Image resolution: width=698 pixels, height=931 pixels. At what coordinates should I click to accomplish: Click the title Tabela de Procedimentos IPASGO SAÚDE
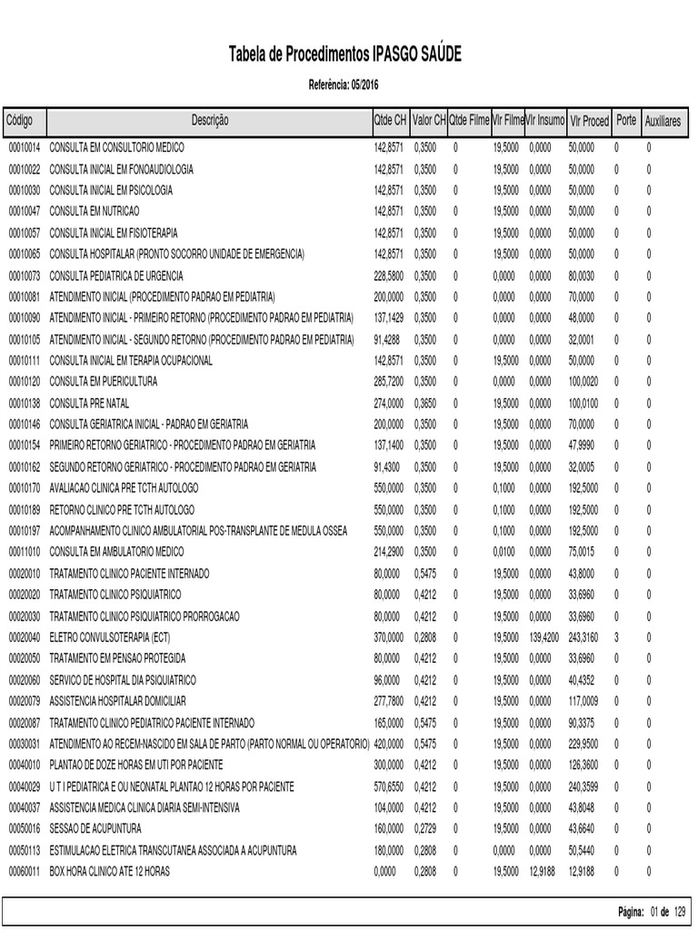345,55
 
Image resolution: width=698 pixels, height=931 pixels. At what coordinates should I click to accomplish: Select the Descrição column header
210,121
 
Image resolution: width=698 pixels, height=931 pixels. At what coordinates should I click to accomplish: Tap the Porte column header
626,121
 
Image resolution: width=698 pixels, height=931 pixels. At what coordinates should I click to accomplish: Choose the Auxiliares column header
663,121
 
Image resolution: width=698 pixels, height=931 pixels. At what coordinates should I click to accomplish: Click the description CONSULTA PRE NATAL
91,403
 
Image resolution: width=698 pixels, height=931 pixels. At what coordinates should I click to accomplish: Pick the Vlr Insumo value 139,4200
543,637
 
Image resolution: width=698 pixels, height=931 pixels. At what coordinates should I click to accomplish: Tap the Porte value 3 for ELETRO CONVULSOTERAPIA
616,637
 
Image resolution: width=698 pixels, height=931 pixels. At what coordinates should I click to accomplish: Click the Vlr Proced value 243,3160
582,637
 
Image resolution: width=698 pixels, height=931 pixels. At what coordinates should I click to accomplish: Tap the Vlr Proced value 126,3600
582,766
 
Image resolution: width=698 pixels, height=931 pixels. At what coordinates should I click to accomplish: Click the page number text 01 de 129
668,912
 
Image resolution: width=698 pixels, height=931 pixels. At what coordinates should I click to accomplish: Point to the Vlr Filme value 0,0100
505,552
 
